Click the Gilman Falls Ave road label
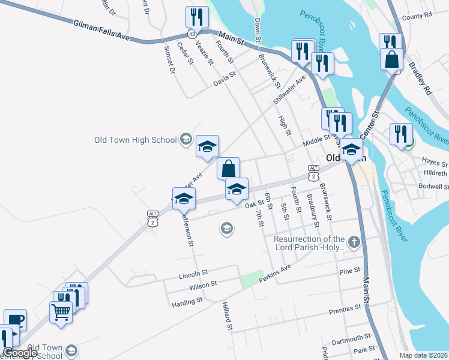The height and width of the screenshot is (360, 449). click(x=102, y=31)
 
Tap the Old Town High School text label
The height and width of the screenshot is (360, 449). click(x=136, y=140)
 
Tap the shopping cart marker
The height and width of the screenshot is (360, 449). click(x=61, y=311)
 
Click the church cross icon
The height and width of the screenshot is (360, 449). click(x=354, y=242)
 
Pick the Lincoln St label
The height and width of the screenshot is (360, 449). click(x=193, y=276)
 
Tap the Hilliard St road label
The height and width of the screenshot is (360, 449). click(x=228, y=316)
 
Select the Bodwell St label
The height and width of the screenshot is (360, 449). click(x=433, y=187)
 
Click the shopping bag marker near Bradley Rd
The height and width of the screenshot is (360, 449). click(x=391, y=60)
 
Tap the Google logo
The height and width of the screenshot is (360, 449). click(x=20, y=353)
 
